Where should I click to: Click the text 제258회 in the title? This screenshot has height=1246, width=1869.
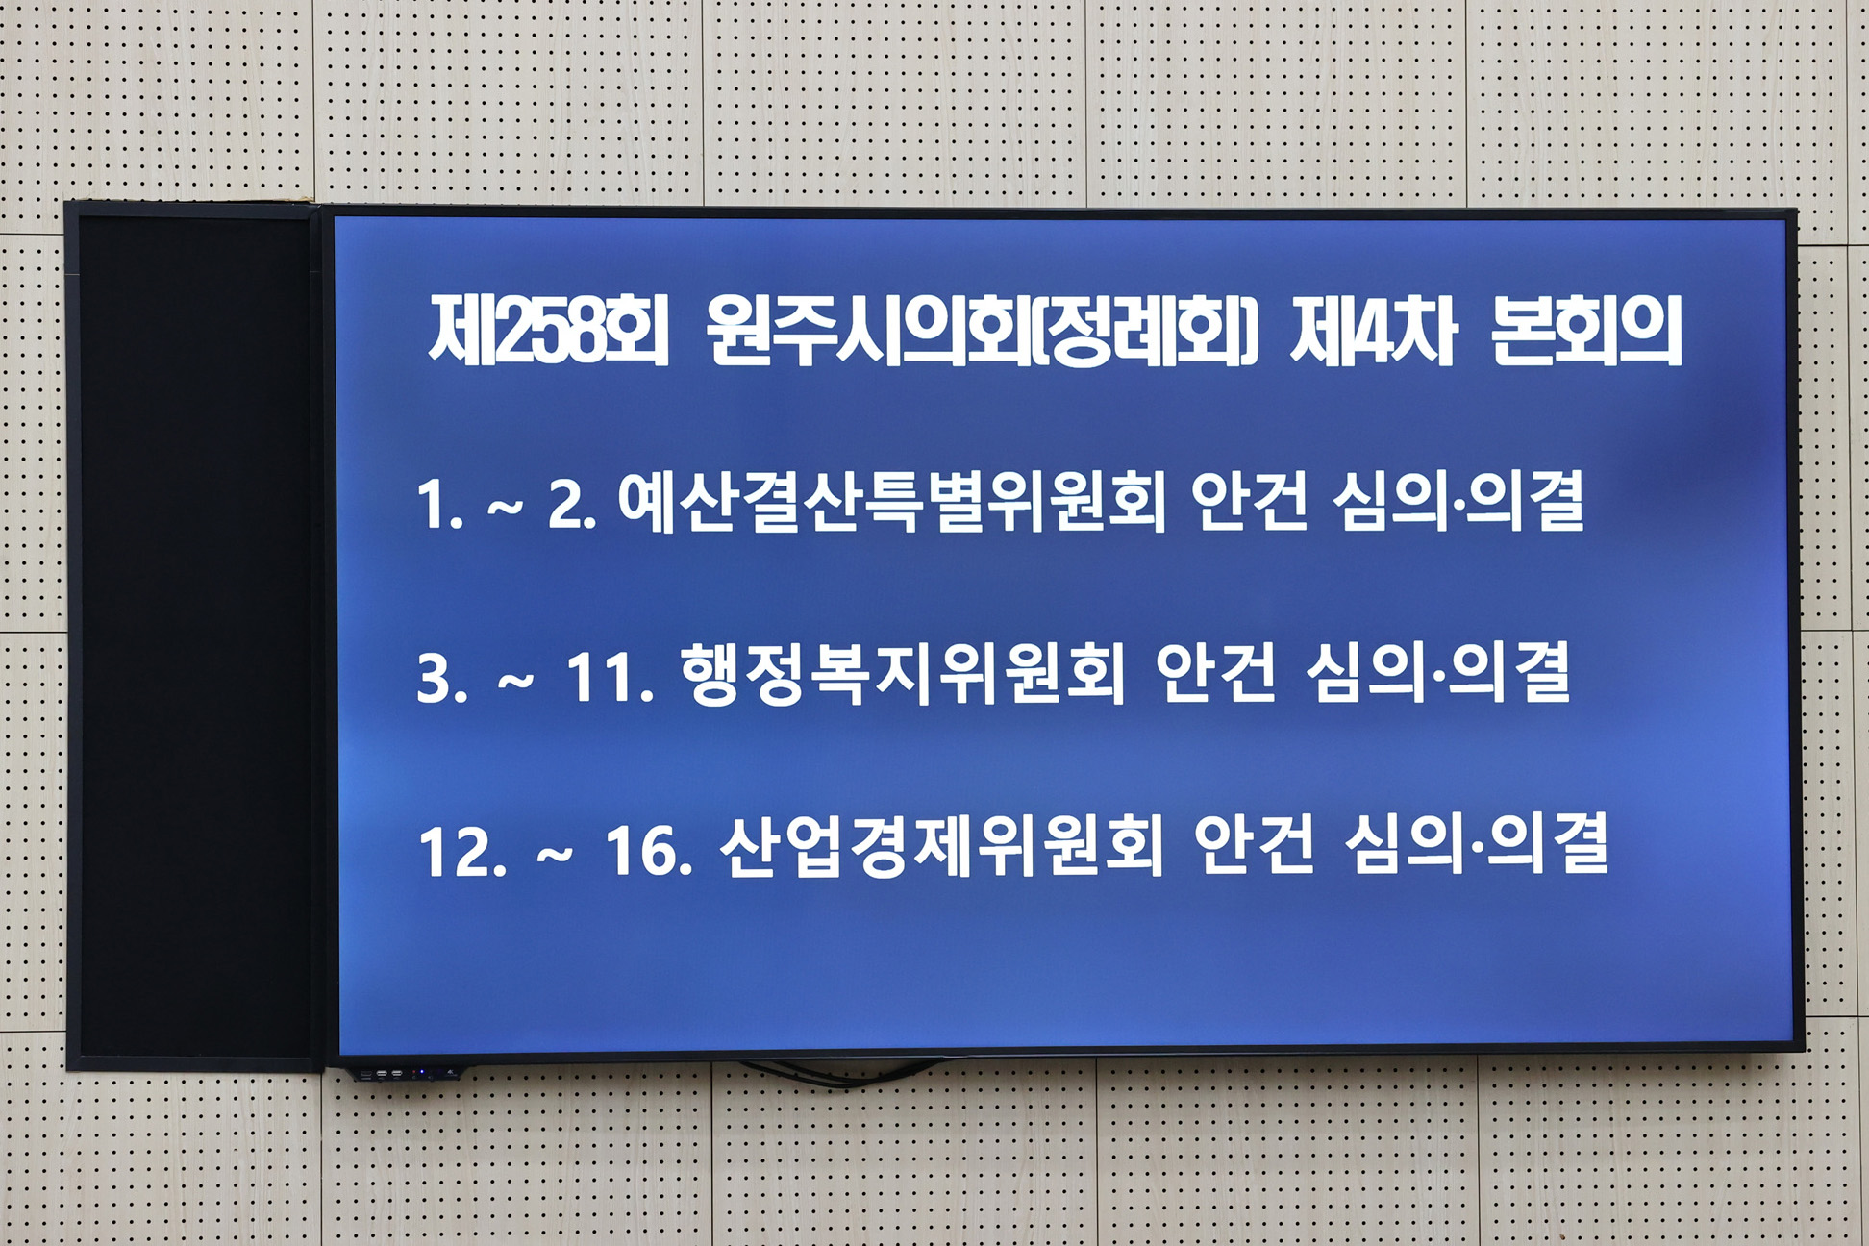point(548,332)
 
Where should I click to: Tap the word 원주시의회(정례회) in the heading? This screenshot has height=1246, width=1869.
point(982,332)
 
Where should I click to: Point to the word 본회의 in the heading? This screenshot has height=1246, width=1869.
point(1586,332)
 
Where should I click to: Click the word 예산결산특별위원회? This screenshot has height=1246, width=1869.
point(891,502)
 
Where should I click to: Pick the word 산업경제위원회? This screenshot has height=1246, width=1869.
point(941,846)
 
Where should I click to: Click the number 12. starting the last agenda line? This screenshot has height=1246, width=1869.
point(462,851)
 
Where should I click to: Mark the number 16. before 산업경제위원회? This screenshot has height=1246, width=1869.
point(649,851)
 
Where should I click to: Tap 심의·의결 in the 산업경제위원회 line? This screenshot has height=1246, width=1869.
point(1476,846)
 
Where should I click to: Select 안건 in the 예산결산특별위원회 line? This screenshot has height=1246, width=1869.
point(1249,502)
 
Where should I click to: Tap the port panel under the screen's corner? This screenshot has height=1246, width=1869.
point(404,1072)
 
